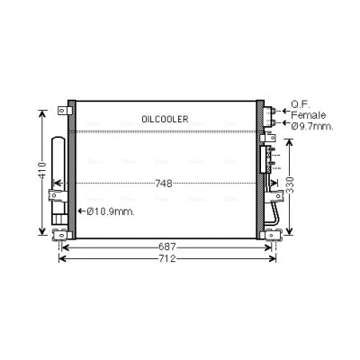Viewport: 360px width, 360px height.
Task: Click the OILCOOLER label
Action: [x=165, y=119]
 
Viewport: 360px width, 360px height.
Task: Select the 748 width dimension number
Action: [x=164, y=184]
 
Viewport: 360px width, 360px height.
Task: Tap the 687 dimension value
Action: [x=166, y=247]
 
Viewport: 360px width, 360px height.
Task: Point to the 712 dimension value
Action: [x=166, y=258]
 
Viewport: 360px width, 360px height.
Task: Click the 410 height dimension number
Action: [x=42, y=171]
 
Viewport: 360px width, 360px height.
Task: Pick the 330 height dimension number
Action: [x=290, y=185]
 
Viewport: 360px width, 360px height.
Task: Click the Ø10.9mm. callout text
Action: [x=111, y=211]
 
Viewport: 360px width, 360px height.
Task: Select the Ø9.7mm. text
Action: [x=312, y=126]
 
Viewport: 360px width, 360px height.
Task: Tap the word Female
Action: [x=309, y=115]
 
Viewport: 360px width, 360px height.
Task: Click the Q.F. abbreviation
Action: [x=301, y=104]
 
